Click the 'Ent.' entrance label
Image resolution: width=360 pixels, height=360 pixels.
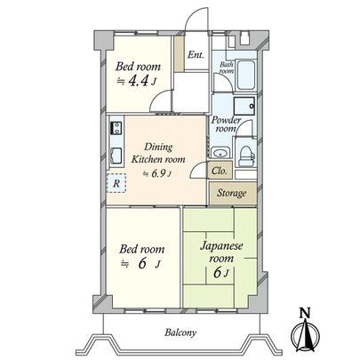[x=196, y=55]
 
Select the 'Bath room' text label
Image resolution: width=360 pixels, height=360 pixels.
[x=226, y=66]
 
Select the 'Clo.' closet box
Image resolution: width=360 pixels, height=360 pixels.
[x=219, y=169]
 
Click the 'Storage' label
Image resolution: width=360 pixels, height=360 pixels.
[x=233, y=191]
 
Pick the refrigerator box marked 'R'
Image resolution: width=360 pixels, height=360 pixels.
[x=116, y=184]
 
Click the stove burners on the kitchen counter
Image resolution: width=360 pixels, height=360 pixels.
[x=114, y=130]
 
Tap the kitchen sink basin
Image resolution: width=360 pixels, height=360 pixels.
[x=114, y=154]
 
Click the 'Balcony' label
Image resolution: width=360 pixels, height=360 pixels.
[x=180, y=334]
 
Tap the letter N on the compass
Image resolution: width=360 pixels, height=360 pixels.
[x=304, y=312]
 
